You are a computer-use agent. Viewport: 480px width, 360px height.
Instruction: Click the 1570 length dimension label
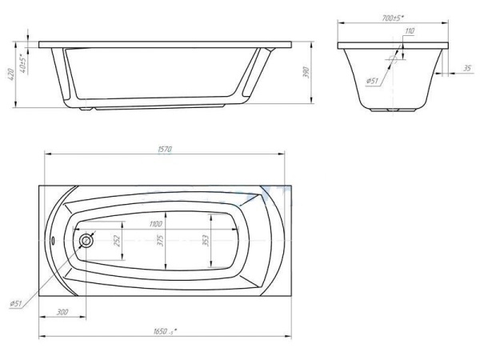click(x=165, y=150)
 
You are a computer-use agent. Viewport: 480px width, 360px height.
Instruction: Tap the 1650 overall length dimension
click(x=166, y=331)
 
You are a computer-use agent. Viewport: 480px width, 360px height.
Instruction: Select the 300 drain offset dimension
click(x=62, y=312)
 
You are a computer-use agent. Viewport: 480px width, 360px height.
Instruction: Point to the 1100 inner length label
click(x=156, y=224)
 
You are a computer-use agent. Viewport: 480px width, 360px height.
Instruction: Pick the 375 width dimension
click(x=161, y=241)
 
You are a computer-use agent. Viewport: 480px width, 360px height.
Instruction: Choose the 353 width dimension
click(x=206, y=241)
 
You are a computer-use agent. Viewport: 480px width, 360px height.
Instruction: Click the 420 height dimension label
click(x=10, y=74)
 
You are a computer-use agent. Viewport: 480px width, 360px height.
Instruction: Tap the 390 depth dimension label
click(x=306, y=72)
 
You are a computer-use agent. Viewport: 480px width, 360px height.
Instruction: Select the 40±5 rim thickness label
click(x=22, y=62)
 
